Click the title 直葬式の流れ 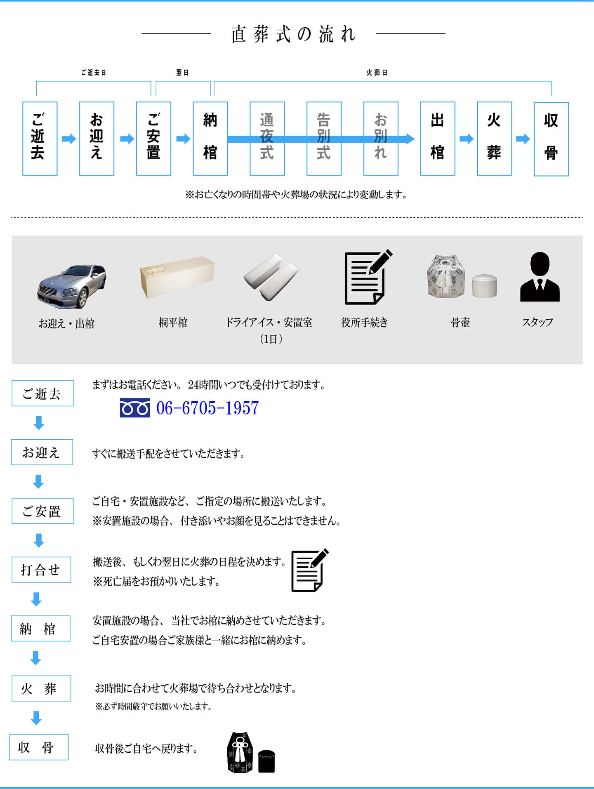[x=293, y=34]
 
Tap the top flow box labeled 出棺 [x=437, y=139]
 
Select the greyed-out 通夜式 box [x=267, y=139]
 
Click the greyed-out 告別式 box [x=324, y=139]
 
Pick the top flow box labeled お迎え [x=97, y=139]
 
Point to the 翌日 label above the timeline [x=182, y=73]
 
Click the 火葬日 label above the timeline [x=377, y=73]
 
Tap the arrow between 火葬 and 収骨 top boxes [x=523, y=139]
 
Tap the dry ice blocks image [x=271, y=276]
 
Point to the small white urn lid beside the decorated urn [x=484, y=285]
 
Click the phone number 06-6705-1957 [x=207, y=408]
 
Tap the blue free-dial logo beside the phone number [x=134, y=408]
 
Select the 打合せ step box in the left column [x=41, y=570]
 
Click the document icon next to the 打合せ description [x=309, y=570]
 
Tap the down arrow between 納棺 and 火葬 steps [x=36, y=658]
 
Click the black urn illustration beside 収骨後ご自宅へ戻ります [x=250, y=752]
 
